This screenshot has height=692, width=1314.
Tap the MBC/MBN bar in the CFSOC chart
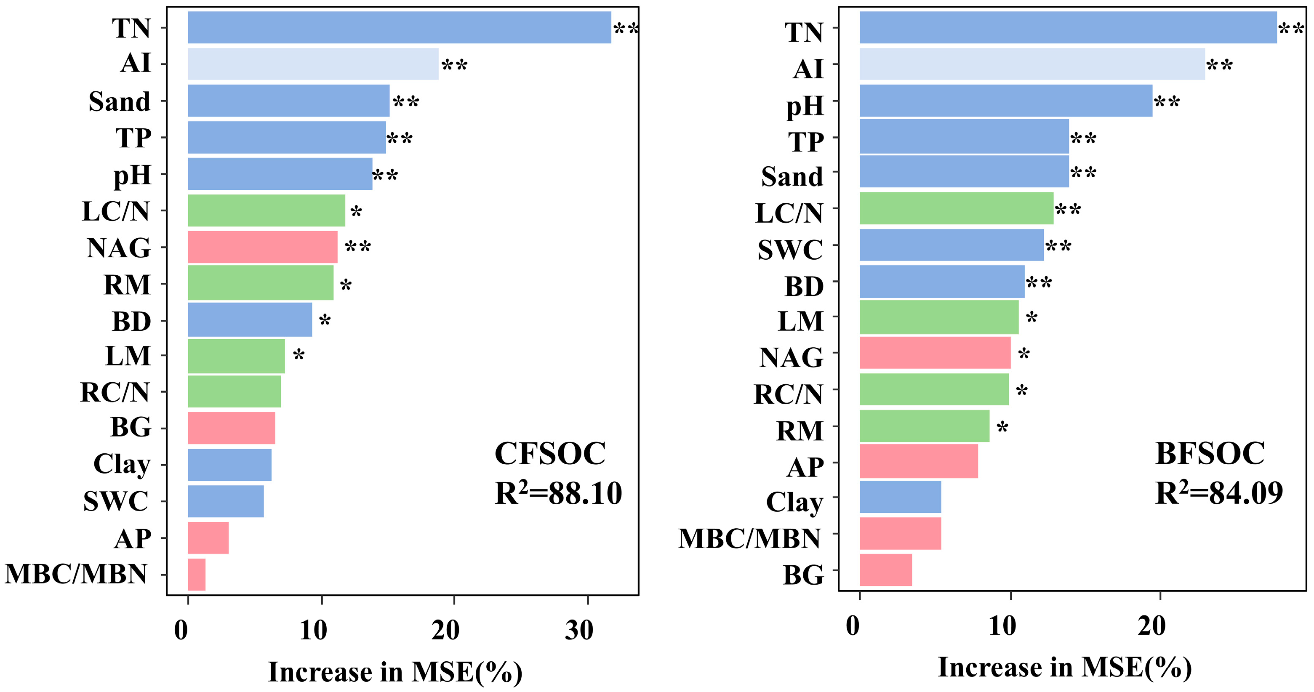(196, 574)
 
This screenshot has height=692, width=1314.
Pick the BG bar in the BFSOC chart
(885, 570)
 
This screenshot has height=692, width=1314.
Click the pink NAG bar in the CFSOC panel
(262, 248)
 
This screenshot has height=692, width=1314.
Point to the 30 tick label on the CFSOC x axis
(579, 631)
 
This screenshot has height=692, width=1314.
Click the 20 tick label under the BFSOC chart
(1151, 626)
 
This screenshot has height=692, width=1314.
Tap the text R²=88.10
(558, 493)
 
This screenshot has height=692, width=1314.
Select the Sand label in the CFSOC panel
(120, 101)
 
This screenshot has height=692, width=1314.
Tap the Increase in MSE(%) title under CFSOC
(395, 672)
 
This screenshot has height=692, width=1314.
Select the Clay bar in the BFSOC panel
(900, 497)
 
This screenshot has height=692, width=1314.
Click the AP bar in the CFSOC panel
(208, 538)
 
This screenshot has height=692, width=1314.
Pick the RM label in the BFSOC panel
(800, 431)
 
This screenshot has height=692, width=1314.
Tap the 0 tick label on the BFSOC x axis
(853, 626)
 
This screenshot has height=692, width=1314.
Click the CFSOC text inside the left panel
(550, 453)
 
